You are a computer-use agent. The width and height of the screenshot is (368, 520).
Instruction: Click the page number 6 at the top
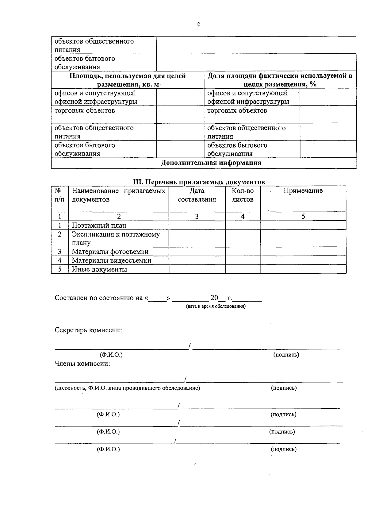click(199, 25)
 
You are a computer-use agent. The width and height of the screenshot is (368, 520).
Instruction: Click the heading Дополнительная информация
click(211, 163)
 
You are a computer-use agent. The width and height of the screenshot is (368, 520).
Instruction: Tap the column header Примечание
click(303, 191)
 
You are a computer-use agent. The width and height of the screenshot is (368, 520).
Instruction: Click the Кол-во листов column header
click(243, 195)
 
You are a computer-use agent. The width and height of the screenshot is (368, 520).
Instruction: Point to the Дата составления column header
click(197, 195)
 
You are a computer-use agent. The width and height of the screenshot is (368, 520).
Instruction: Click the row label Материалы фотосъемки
click(110, 252)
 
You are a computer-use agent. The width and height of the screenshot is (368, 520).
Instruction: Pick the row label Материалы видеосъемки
click(111, 260)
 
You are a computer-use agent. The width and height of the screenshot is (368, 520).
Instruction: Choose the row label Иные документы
click(99, 269)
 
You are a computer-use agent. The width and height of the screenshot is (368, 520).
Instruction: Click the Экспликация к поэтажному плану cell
click(116, 238)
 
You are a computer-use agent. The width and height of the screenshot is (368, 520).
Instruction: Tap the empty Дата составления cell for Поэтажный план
click(197, 225)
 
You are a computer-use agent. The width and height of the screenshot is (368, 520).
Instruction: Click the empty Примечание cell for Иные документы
click(303, 269)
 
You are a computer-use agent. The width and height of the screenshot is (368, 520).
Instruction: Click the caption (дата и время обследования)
click(216, 306)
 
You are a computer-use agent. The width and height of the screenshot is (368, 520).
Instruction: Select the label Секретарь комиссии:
click(88, 330)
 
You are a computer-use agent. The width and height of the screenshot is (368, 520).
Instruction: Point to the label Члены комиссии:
click(82, 364)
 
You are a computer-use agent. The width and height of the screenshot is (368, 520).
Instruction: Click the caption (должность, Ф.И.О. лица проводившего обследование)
click(127, 388)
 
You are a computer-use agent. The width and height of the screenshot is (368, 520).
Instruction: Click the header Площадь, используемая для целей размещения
click(128, 80)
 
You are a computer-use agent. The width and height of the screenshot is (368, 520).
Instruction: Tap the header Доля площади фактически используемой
click(280, 80)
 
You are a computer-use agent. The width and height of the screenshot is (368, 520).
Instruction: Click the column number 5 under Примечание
click(303, 217)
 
